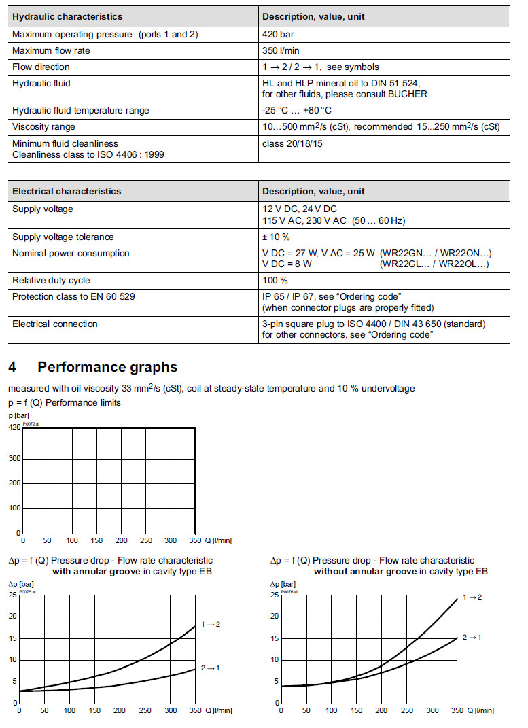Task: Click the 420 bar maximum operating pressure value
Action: click(278, 35)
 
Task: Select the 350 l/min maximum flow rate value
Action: click(281, 51)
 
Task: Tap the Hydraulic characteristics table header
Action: click(67, 16)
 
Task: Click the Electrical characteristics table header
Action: click(67, 192)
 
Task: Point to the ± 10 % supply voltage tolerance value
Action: click(276, 237)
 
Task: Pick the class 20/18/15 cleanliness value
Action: click(294, 143)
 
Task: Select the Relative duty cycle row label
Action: click(51, 281)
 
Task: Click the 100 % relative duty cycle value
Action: click(275, 281)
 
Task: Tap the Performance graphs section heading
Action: click(107, 368)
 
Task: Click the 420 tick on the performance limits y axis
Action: click(14, 428)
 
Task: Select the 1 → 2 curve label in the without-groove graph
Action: click(472, 597)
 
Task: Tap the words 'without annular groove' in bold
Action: click(365, 572)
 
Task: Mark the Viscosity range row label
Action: click(43, 127)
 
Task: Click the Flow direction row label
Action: click(41, 67)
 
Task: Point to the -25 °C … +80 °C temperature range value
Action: click(297, 111)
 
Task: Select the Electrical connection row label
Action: click(54, 324)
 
